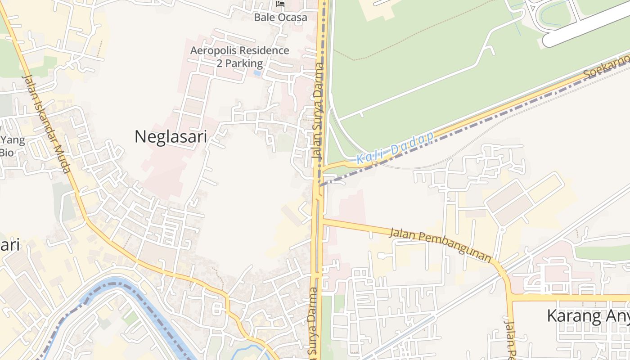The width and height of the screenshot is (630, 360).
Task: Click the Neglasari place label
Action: pyautogui.click(x=171, y=136)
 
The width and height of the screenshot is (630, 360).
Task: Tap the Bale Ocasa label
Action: pyautogui.click(x=280, y=18)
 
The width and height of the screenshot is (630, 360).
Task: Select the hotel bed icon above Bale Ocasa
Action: pyautogui.click(x=280, y=4)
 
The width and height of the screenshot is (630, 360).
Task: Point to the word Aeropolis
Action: pyautogui.click(x=214, y=50)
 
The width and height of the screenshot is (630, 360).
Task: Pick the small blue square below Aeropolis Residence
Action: pyautogui.click(x=257, y=72)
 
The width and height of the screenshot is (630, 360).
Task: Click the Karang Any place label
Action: pyautogui.click(x=587, y=316)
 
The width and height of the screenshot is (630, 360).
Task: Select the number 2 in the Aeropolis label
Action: pyautogui.click(x=220, y=63)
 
